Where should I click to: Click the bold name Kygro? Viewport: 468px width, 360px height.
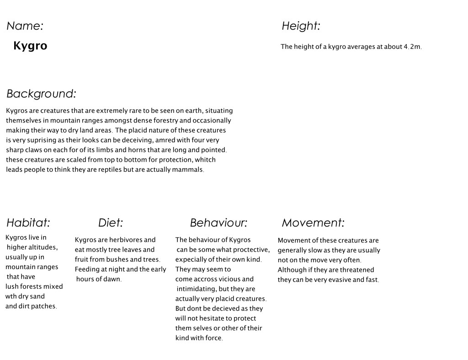point(30,46)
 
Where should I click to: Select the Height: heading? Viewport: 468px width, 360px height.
point(300,26)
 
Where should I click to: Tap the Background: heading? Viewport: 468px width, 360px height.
point(41,94)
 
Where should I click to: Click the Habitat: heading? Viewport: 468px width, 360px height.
point(28,223)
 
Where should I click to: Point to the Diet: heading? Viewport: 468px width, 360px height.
point(111,223)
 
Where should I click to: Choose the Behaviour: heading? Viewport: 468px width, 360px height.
point(218,223)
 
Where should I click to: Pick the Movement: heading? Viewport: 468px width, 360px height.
point(313,223)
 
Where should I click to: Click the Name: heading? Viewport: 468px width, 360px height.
point(25,26)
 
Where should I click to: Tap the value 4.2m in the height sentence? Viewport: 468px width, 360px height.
point(412,47)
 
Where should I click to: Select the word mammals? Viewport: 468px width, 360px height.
point(188,170)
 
